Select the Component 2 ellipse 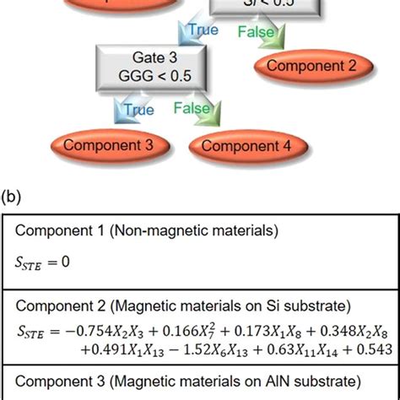(311, 65)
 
